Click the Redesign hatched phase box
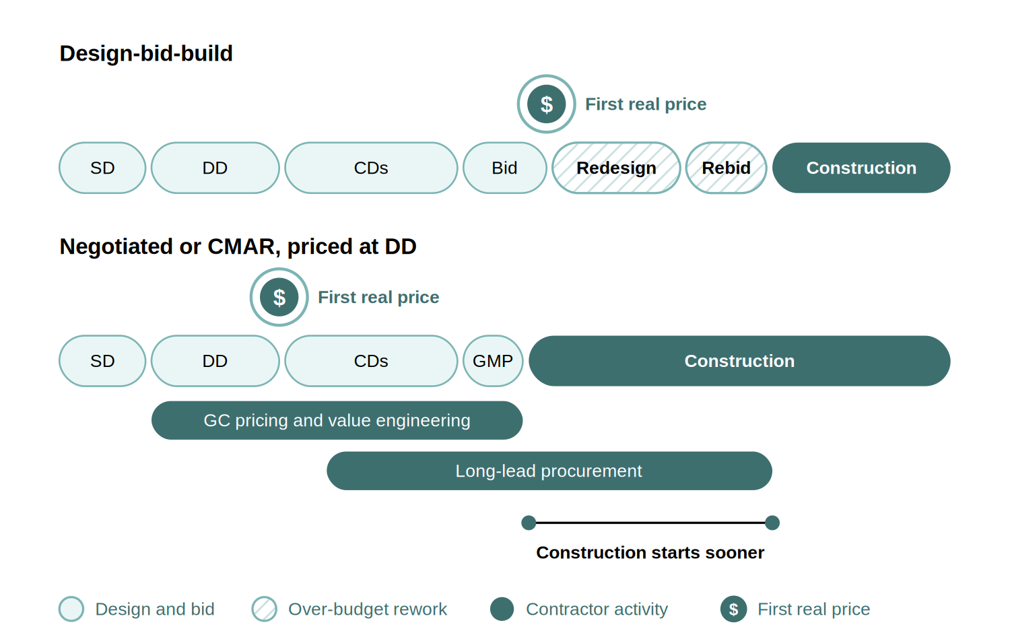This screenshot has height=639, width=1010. [616, 168]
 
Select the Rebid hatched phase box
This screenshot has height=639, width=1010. [726, 168]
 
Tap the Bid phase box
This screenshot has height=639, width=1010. [504, 168]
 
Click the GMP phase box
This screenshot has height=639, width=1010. [493, 361]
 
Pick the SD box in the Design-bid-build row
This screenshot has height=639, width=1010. [102, 168]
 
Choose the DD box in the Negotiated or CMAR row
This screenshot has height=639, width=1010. [215, 361]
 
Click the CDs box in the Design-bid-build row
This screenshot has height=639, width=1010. [371, 168]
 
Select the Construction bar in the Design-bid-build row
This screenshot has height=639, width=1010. [861, 168]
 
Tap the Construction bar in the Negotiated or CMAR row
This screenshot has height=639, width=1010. [739, 361]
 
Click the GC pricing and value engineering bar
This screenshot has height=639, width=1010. [337, 420]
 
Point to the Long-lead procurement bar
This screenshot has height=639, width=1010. [549, 471]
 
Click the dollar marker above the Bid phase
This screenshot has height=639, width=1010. [547, 104]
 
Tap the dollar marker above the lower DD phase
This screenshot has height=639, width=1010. [279, 297]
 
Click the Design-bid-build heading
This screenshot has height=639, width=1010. [146, 53]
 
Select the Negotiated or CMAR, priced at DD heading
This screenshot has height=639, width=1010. [238, 246]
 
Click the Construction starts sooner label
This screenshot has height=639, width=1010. [650, 552]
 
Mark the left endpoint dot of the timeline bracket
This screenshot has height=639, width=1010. [529, 523]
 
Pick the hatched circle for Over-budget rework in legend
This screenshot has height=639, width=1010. [264, 609]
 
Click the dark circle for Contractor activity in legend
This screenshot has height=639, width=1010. [502, 609]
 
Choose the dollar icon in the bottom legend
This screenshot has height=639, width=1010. [734, 609]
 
